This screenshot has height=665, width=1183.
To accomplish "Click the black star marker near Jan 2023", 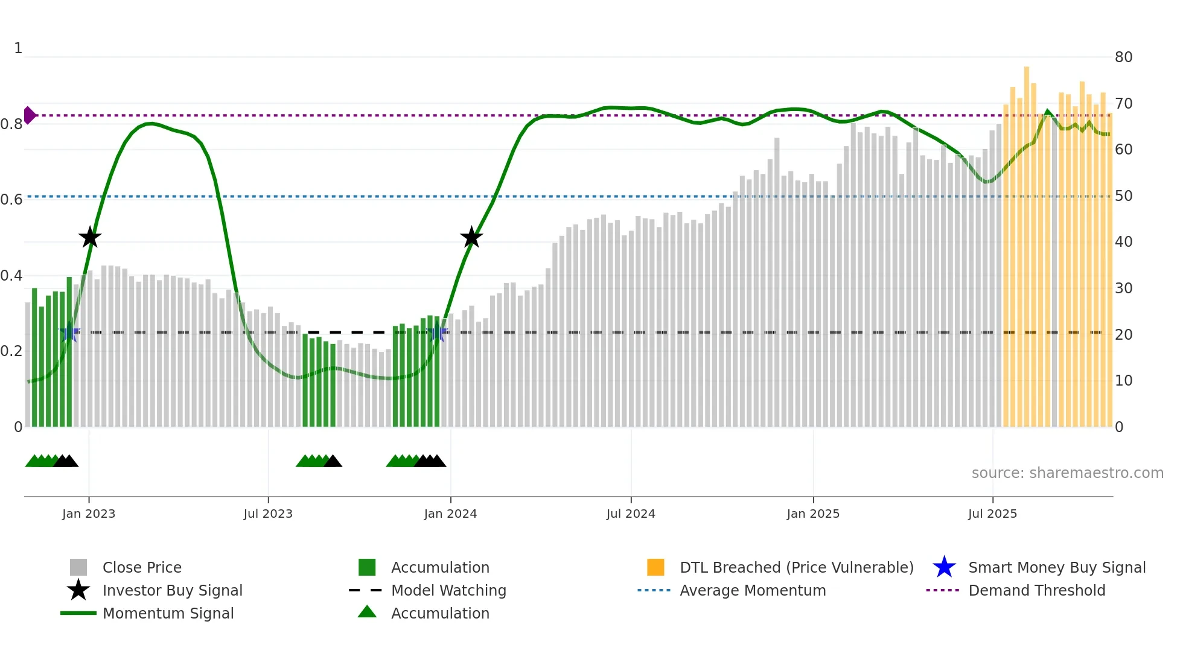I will (90, 237).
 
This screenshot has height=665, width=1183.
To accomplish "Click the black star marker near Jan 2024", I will (471, 237).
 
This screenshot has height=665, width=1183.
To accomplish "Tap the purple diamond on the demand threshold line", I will (29, 115).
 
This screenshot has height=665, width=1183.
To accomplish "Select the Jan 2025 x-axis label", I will (813, 514).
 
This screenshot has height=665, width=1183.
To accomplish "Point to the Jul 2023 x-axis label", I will (268, 514).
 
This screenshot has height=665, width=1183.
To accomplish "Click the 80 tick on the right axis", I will (1123, 57).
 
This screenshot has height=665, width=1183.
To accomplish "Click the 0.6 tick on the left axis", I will (11, 200).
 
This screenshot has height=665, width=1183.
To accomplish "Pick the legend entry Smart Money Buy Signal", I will (1056, 567).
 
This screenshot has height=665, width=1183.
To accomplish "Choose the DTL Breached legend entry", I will (796, 567).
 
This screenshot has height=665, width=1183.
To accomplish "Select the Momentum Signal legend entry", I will (168, 613).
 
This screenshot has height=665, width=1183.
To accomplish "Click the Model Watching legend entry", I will (448, 590).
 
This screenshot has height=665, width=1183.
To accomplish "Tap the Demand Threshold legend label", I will (1036, 590).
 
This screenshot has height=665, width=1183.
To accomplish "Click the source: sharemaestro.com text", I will (1067, 473).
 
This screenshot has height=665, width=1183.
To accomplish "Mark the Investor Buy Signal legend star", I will (78, 590).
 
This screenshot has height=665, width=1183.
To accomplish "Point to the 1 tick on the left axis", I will (18, 48).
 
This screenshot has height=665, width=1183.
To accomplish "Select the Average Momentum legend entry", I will (752, 590).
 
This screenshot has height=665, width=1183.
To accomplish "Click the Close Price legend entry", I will (142, 567).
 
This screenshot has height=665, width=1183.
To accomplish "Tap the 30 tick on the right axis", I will (1123, 288).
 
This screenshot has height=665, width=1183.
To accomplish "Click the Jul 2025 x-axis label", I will (992, 514).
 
